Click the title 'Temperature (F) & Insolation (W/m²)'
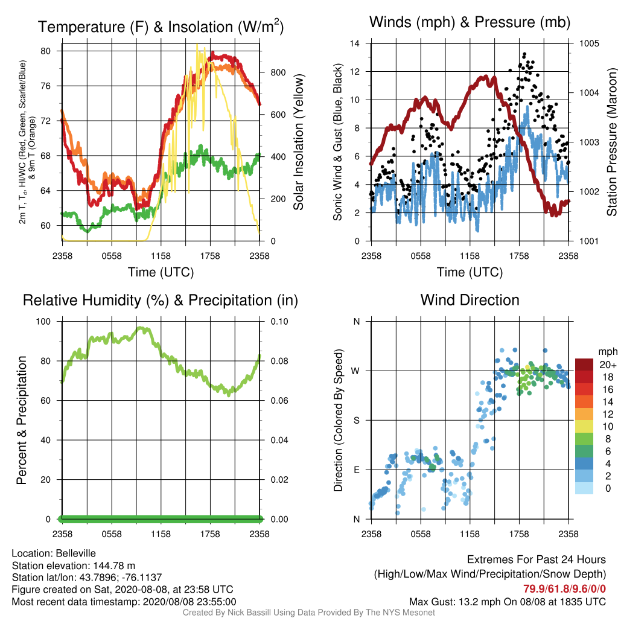point(161,27)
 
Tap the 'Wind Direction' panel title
point(470,300)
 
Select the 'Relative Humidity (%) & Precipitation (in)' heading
point(161,301)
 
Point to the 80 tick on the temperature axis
point(46,51)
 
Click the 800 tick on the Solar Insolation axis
point(278,72)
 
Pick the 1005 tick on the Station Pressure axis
point(589,43)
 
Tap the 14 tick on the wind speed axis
point(355,43)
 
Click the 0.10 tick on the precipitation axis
point(279,322)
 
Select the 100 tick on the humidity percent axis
point(43,322)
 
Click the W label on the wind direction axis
point(355,371)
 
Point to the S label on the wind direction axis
point(356,421)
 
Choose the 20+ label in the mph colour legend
point(608,365)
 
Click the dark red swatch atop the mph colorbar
point(584,365)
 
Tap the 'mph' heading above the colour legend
point(608,352)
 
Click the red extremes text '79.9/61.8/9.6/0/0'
point(564,589)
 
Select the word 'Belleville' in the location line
point(75,553)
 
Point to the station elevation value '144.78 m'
point(114,565)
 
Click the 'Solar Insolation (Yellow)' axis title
point(299,142)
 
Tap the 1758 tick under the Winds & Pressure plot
point(519,256)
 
